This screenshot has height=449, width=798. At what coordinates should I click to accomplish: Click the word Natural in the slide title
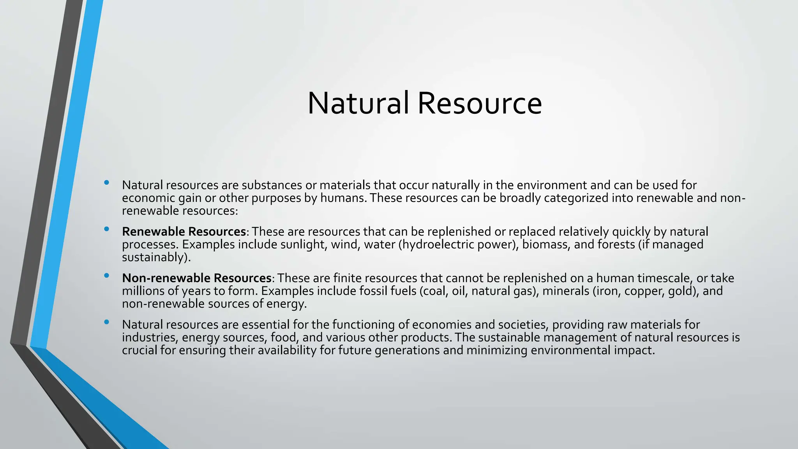[x=358, y=103]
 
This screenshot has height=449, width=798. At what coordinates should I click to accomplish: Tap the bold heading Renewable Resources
[x=184, y=232]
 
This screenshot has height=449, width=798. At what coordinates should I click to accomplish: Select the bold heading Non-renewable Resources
[x=196, y=278]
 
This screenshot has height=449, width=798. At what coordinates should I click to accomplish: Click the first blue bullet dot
[x=106, y=182]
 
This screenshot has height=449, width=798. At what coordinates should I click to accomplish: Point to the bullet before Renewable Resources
[x=106, y=229]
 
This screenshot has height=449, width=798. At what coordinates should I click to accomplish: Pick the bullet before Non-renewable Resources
[x=106, y=276]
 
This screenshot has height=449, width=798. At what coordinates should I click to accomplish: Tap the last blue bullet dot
[x=106, y=322]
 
